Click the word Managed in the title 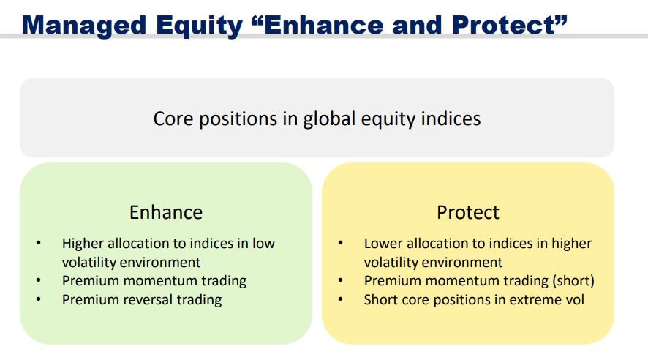[84, 26]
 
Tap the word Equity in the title [199, 26]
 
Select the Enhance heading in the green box [166, 212]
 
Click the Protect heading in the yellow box [468, 212]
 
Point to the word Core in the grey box [173, 119]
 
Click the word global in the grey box [329, 119]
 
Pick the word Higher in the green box [83, 244]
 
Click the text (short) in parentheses [573, 281]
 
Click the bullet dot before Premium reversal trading [39, 299]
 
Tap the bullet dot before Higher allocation [39, 243]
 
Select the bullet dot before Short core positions [341, 299]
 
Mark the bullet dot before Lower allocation [341, 243]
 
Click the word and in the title [418, 26]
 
